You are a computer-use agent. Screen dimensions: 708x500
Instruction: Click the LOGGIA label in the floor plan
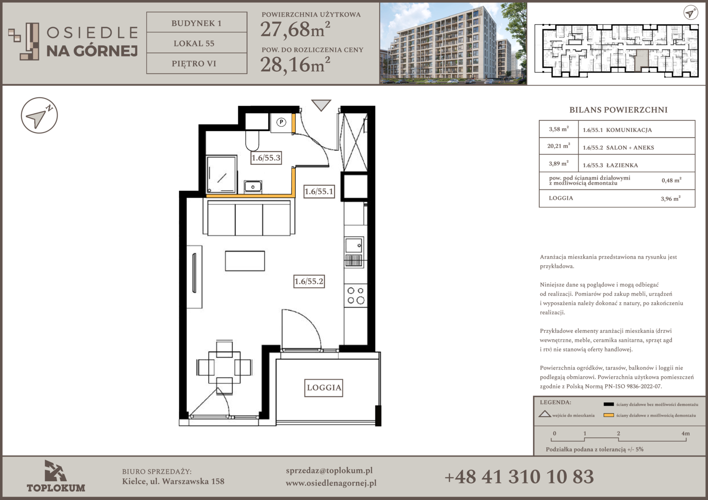click(324, 388)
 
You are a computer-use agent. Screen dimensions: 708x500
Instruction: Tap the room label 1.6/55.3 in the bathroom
click(266, 157)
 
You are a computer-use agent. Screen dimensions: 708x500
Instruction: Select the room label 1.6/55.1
click(319, 191)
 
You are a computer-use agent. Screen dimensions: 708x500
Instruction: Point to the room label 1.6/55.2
click(309, 281)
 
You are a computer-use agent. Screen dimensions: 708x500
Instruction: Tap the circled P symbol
click(281, 122)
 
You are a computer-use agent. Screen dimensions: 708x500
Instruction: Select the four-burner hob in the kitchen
click(355, 296)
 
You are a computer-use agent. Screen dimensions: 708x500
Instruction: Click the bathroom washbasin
click(253, 187)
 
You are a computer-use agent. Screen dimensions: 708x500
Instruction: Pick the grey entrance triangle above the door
click(321, 105)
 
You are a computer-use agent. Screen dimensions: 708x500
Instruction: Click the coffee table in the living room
click(245, 261)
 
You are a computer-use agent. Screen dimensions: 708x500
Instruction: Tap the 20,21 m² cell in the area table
click(558, 146)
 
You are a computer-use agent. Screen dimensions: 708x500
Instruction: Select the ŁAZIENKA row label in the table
click(622, 165)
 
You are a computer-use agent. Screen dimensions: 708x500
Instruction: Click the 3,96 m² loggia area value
click(670, 198)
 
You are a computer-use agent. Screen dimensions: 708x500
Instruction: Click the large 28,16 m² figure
click(295, 64)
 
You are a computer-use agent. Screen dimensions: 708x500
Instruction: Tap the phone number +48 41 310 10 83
click(519, 477)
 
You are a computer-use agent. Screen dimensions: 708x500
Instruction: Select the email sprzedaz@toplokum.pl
click(329, 471)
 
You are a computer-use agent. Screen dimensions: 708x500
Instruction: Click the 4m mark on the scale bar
click(685, 434)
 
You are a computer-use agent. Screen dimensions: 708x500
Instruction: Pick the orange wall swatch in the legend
click(608, 415)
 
